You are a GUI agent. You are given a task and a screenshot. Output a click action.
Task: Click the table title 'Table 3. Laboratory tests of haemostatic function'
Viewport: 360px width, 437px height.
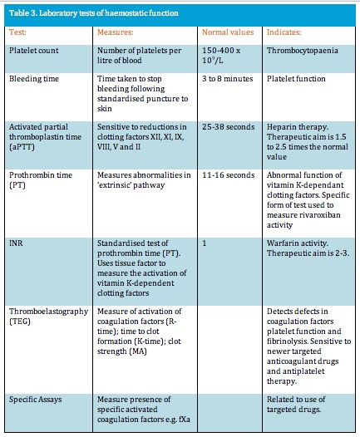coord(94,13)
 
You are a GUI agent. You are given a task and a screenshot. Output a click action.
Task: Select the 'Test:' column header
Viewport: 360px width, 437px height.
coord(17,32)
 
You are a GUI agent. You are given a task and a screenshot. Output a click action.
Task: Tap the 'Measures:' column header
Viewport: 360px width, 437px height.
coord(116,32)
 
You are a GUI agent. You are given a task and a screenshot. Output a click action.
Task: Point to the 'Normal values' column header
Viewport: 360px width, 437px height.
coord(228,32)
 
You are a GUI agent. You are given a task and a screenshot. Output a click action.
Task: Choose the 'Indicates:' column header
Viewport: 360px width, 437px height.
coord(284,32)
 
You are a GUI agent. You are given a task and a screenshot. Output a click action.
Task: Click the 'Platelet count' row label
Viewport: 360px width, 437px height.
coord(34,51)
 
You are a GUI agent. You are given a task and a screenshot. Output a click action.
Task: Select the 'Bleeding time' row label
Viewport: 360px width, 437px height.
coord(34,79)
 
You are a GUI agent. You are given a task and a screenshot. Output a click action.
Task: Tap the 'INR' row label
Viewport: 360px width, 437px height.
coord(16,243)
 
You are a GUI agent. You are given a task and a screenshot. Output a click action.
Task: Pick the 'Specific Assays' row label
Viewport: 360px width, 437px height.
coord(36,400)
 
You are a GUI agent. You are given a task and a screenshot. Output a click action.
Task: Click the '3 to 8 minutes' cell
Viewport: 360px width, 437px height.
coord(228,79)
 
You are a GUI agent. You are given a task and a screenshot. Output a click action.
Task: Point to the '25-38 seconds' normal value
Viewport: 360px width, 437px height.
coord(229,127)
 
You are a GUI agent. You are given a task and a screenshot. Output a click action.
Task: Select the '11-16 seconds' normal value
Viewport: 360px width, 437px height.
coord(229,175)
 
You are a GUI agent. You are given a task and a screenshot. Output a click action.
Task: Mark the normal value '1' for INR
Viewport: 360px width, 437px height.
coord(205,243)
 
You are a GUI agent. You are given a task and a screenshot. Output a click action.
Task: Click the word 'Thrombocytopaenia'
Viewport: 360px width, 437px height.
coord(303,51)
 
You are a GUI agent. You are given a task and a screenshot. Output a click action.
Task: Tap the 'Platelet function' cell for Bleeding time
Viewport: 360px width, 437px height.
coord(296,79)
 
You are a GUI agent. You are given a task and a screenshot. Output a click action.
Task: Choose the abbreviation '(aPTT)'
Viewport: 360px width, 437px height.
coord(22,147)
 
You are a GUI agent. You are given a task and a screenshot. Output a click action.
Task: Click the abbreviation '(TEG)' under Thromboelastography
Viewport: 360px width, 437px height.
coord(20,322)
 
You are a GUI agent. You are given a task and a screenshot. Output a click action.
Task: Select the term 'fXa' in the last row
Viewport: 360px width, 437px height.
coord(185,420)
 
